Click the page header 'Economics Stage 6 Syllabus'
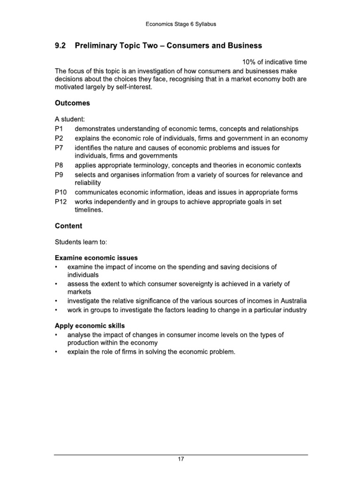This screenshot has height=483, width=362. click(x=181, y=24)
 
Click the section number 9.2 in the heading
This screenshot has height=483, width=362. click(x=61, y=46)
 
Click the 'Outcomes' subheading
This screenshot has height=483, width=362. click(x=73, y=103)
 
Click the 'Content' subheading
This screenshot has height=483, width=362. click(x=68, y=226)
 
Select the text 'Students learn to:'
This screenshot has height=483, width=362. click(x=81, y=242)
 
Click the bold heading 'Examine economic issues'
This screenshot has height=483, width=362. click(x=96, y=258)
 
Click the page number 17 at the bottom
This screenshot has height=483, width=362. click(x=181, y=460)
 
